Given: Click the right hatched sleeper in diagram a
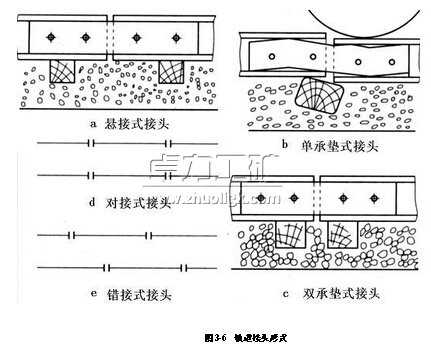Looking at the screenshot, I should (x=171, y=71).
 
